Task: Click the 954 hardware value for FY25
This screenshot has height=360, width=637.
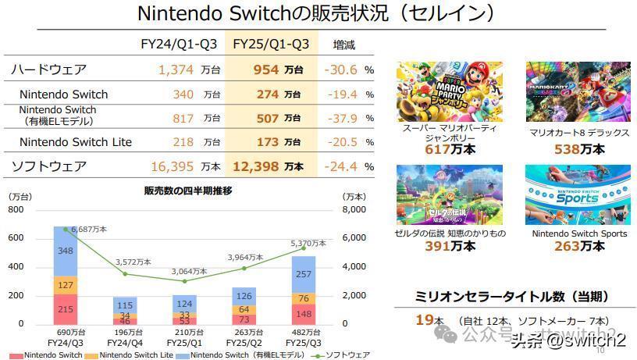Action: pyautogui.click(x=267, y=70)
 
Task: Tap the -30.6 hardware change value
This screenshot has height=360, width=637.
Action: pyautogui.click(x=341, y=70)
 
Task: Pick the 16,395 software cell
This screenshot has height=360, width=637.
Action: pyautogui.click(x=174, y=166)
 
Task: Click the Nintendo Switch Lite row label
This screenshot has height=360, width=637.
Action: pyautogui.click(x=76, y=142)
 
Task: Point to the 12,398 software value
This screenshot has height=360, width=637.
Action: pyautogui.click(x=256, y=166)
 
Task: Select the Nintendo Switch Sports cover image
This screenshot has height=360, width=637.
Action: pyautogui.click(x=578, y=194)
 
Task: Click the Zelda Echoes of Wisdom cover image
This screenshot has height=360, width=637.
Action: pyautogui.click(x=449, y=194)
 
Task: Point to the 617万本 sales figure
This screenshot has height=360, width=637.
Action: pyautogui.click(x=450, y=150)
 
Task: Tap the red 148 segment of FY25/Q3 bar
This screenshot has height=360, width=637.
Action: pyautogui.click(x=303, y=314)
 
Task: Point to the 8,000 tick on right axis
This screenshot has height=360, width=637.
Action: pyautogui.click(x=356, y=210)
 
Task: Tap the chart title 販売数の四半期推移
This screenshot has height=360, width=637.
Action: pyautogui.click(x=188, y=191)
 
